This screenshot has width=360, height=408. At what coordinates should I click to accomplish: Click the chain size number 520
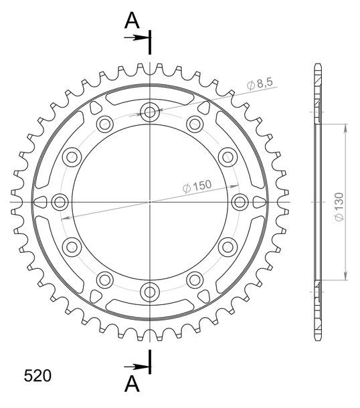coord(37,376)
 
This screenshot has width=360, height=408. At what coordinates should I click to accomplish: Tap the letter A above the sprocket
coord(132,21)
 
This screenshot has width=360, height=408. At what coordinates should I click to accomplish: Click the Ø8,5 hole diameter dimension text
coord(260,84)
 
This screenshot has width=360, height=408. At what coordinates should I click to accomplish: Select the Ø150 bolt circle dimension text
coord(197,186)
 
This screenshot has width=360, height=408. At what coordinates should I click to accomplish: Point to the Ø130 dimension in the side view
coord(339,207)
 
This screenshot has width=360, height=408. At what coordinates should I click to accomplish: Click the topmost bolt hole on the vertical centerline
coord(150,112)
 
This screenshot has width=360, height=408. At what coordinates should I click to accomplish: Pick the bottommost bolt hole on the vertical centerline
coord(150,292)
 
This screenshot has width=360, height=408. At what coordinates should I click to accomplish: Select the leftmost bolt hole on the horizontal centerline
coord(60,202)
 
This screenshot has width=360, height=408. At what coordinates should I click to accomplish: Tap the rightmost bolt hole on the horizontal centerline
coord(240,202)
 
